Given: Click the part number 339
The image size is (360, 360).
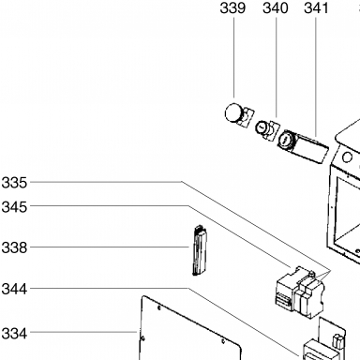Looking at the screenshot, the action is coord(232,8).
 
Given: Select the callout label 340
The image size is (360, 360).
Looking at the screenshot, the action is coord(276,8).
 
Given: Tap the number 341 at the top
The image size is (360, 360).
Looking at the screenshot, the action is coord(316,8).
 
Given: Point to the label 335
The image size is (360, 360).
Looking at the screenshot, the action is coord(14,183).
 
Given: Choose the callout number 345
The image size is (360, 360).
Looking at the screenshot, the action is coord(14,207).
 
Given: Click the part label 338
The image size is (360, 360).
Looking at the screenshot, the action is coord(14,247).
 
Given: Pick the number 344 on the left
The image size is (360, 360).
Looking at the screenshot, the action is coord(14,289).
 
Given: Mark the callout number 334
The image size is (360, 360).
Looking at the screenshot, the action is coord(14,334).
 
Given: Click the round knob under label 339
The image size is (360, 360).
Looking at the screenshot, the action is coord(233,112).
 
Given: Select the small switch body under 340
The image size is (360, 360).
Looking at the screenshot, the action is coord(266,129).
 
